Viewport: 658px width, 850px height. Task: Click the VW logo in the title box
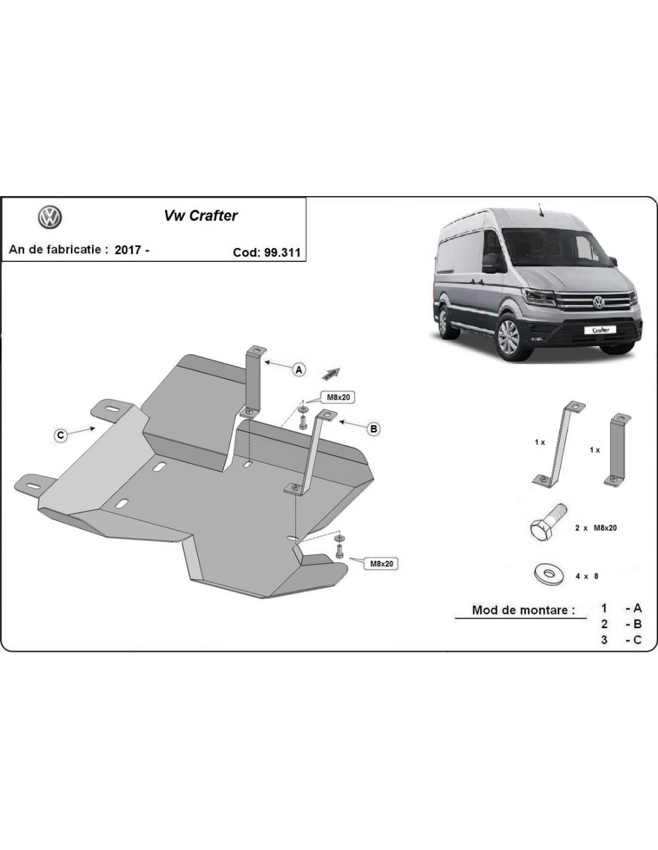pyautogui.click(x=50, y=218)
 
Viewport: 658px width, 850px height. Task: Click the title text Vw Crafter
pyautogui.click(x=200, y=216)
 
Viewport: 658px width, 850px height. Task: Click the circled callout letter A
pyautogui.click(x=299, y=370)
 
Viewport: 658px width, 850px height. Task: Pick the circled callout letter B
pyautogui.click(x=373, y=429)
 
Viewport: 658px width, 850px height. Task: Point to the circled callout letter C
pyautogui.click(x=60, y=436)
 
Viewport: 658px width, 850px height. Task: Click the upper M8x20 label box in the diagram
pyautogui.click(x=339, y=397)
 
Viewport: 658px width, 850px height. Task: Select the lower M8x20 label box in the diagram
pyautogui.click(x=380, y=563)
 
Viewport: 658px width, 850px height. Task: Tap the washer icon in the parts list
pyautogui.click(x=549, y=574)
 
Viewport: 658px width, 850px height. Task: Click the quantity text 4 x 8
pyautogui.click(x=586, y=576)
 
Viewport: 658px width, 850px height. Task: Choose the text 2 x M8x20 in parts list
pyautogui.click(x=595, y=528)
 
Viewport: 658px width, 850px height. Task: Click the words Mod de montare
pyautogui.click(x=523, y=610)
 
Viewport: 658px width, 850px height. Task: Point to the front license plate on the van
pyautogui.click(x=601, y=329)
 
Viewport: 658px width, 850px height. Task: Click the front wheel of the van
pyautogui.click(x=508, y=336)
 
